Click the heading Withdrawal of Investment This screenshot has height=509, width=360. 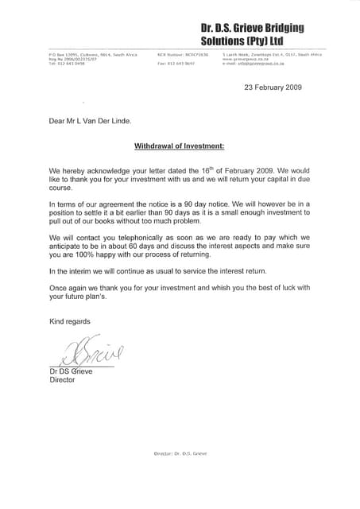pyautogui.click(x=180, y=146)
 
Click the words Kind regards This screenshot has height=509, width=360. pyautogui.click(x=70, y=321)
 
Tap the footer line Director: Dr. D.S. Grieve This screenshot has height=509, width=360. pyautogui.click(x=180, y=475)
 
